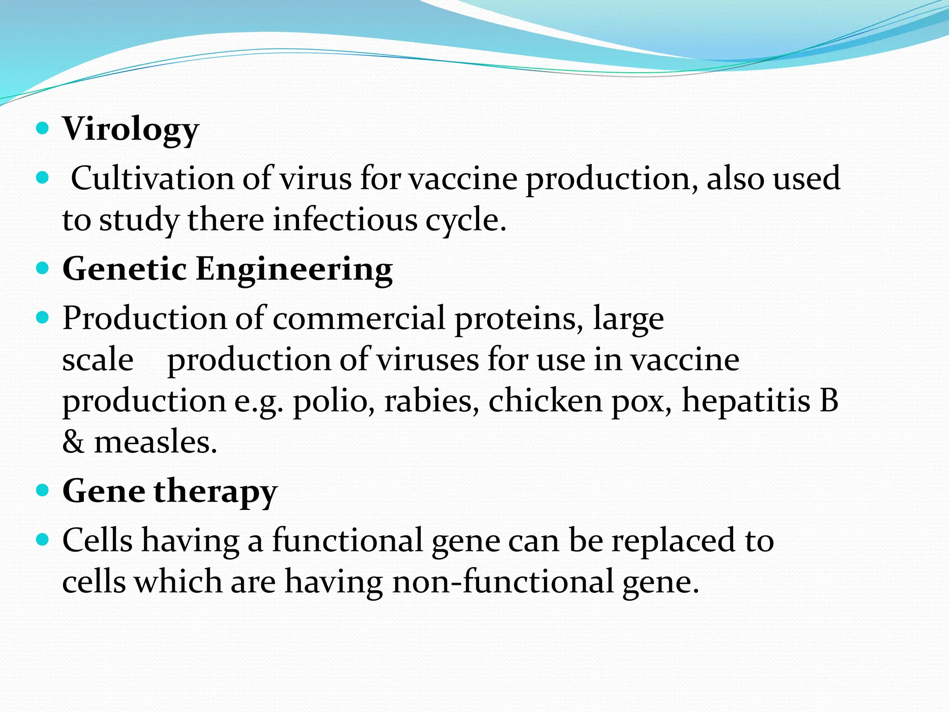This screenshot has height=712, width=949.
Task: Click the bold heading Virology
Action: (131, 130)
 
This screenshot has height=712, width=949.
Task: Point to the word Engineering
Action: (294, 270)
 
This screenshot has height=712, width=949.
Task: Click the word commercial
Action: (359, 319)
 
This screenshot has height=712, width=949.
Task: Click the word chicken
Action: (545, 401)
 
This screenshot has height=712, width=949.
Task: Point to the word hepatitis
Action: (746, 401)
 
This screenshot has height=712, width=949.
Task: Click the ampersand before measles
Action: (74, 442)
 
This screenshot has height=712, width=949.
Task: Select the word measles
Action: (156, 442)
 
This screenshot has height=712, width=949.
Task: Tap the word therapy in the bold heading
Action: (215, 492)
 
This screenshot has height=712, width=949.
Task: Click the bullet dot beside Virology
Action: (42, 128)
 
